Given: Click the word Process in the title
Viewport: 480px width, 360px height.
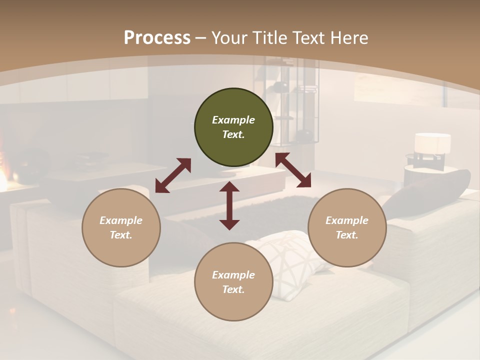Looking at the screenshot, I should (157, 38).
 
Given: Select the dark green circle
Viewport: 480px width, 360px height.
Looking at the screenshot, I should (233, 127).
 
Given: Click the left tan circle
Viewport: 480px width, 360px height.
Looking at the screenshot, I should (121, 227).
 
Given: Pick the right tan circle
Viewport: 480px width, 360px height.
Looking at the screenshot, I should (347, 227).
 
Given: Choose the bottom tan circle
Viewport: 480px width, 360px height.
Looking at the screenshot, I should (233, 281).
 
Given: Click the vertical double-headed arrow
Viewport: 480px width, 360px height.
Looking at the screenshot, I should (229, 205).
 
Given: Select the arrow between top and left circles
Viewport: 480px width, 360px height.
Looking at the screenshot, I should (173, 175).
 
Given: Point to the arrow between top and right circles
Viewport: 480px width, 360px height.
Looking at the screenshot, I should (293, 170).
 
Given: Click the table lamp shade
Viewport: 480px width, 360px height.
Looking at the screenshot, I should (432, 143).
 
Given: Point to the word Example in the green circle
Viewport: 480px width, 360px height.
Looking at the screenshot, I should (233, 120).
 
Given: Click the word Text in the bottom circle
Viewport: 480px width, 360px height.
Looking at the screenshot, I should (233, 289).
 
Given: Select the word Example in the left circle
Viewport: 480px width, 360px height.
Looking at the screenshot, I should (121, 220).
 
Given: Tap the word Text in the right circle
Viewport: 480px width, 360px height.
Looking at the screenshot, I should (347, 235).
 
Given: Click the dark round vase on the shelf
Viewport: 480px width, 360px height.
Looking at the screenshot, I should (303, 135).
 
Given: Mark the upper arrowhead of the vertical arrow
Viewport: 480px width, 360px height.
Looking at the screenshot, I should (229, 187).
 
